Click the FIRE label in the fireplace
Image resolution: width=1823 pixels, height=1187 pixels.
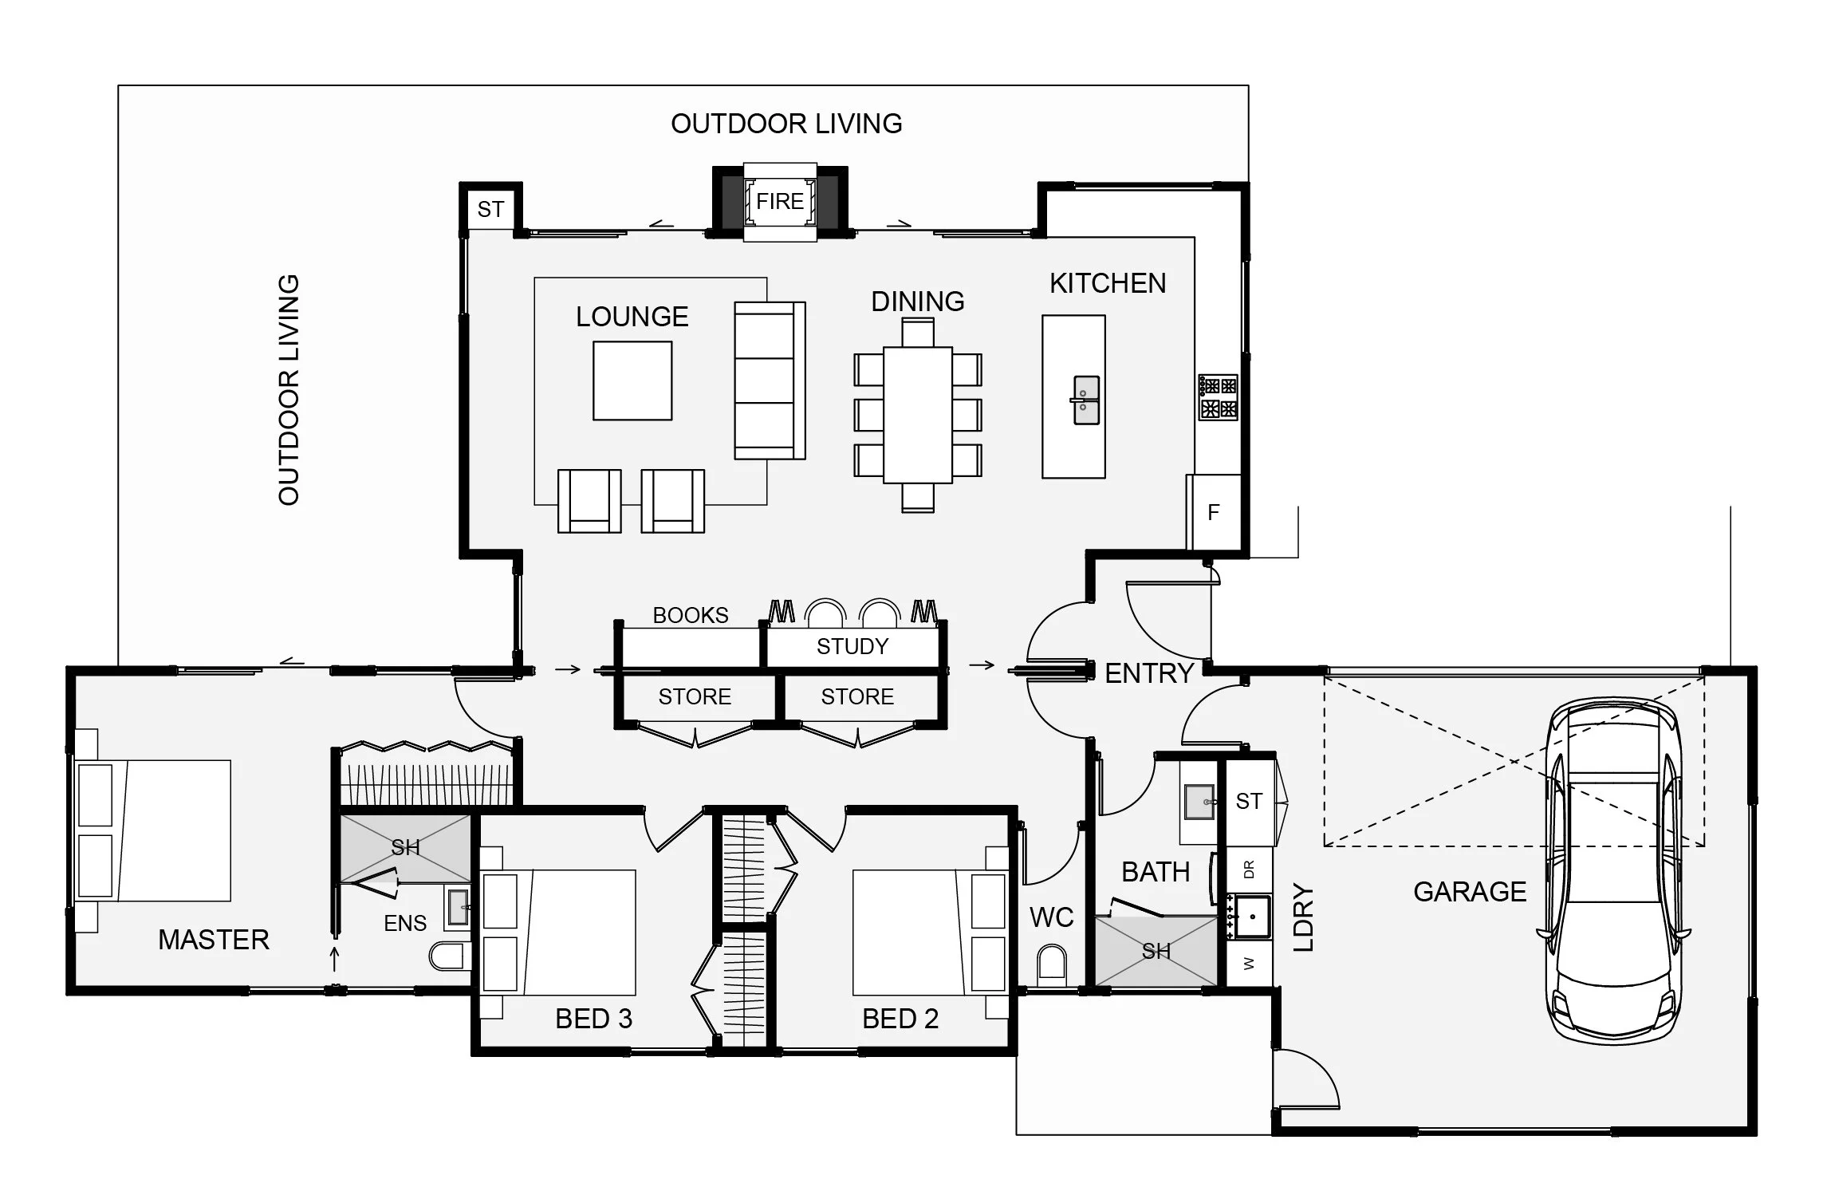pos(779,202)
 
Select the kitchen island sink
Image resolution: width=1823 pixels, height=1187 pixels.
pos(1085,400)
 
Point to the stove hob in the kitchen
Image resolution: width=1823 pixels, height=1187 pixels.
pos(1219,397)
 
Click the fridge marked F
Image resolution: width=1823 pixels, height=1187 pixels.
pos(1213,511)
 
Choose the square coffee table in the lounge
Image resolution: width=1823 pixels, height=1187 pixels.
pos(632,381)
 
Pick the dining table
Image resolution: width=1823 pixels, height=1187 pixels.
pos(917,415)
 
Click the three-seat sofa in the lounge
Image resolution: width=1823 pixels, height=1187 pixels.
pos(770,381)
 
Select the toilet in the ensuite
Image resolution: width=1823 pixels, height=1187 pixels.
pos(451,956)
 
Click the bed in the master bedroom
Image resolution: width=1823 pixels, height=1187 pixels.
pos(153,830)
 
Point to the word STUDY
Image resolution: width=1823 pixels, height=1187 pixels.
pos(852,646)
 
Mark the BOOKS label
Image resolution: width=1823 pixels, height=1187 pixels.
pos(691,615)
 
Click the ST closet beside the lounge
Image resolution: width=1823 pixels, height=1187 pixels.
pos(490,209)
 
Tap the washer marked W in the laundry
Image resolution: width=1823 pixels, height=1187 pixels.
pos(1249,964)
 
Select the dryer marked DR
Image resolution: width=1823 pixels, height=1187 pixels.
pos(1249,870)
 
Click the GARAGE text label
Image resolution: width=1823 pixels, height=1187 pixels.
pos(1470,891)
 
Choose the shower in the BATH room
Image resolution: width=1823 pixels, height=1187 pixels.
pos(1156,951)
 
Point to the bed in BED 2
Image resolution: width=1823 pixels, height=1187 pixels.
pos(930,933)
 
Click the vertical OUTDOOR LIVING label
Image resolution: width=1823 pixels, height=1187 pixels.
pos(289,390)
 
